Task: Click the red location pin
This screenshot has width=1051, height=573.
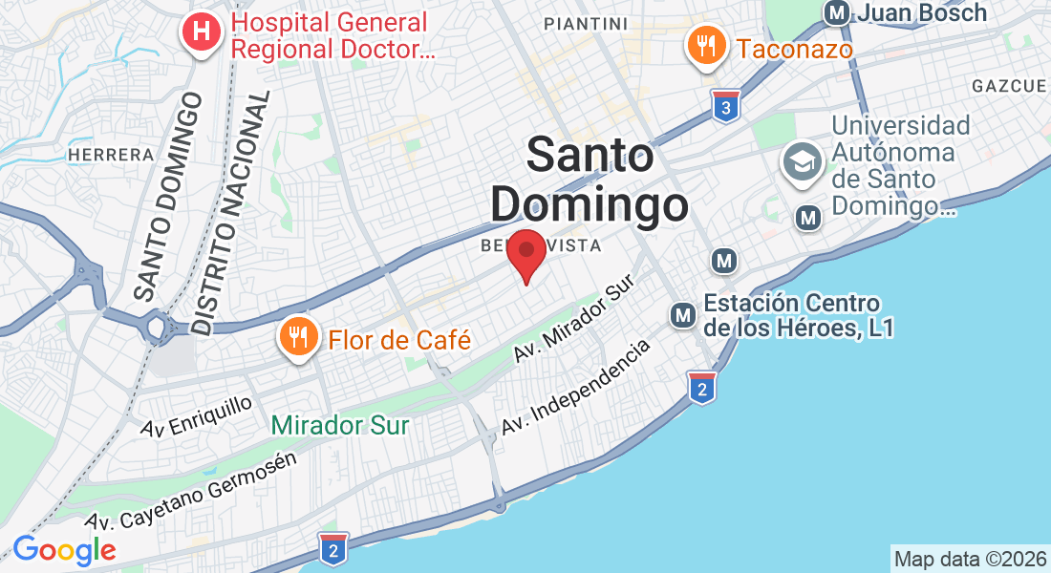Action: pos(525,253)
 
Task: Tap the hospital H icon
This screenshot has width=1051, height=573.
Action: pos(201,32)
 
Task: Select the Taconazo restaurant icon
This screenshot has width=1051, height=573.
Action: pos(704,46)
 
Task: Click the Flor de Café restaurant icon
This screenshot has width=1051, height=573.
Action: pos(299,336)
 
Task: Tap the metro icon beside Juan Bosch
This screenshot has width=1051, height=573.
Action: pos(838,13)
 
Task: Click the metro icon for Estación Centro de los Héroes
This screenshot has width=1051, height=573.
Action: pos(683,313)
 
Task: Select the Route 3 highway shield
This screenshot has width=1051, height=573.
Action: pos(726,108)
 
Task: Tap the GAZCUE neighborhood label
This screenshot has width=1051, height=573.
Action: pos(1009,86)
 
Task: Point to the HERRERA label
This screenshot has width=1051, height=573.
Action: pos(110,155)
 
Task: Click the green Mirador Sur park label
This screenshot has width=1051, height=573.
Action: pos(339,425)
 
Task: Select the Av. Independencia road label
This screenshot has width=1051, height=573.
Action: pos(576,386)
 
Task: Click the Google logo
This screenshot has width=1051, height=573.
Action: pos(64,550)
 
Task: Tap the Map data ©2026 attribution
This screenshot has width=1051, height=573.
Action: pos(970,558)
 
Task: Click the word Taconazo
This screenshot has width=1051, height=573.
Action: pos(795,49)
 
